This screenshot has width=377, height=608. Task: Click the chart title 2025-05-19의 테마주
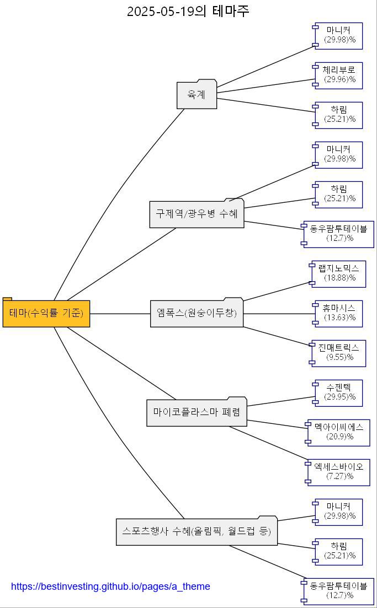pyautogui.click(x=188, y=11)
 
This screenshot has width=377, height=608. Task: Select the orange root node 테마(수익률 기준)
pyautogui.click(x=46, y=313)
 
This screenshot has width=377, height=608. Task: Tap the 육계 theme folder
pyautogui.click(x=197, y=95)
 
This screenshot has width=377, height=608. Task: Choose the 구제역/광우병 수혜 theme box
pyautogui.click(x=197, y=213)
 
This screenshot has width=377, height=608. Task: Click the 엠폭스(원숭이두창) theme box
pyautogui.click(x=197, y=313)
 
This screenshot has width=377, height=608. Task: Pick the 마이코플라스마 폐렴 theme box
pyautogui.click(x=197, y=412)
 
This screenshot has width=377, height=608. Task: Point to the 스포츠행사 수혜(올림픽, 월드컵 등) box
pyautogui.click(x=197, y=531)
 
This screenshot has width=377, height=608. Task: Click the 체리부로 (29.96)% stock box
pyautogui.click(x=339, y=76)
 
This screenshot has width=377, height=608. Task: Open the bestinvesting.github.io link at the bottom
pyautogui.click(x=110, y=587)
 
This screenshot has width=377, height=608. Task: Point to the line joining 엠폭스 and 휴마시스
pyautogui.click(x=279, y=314)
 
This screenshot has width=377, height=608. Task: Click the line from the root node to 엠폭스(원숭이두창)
pyautogui.click(x=120, y=314)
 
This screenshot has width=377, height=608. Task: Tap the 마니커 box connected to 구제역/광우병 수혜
pyautogui.click(x=339, y=155)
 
